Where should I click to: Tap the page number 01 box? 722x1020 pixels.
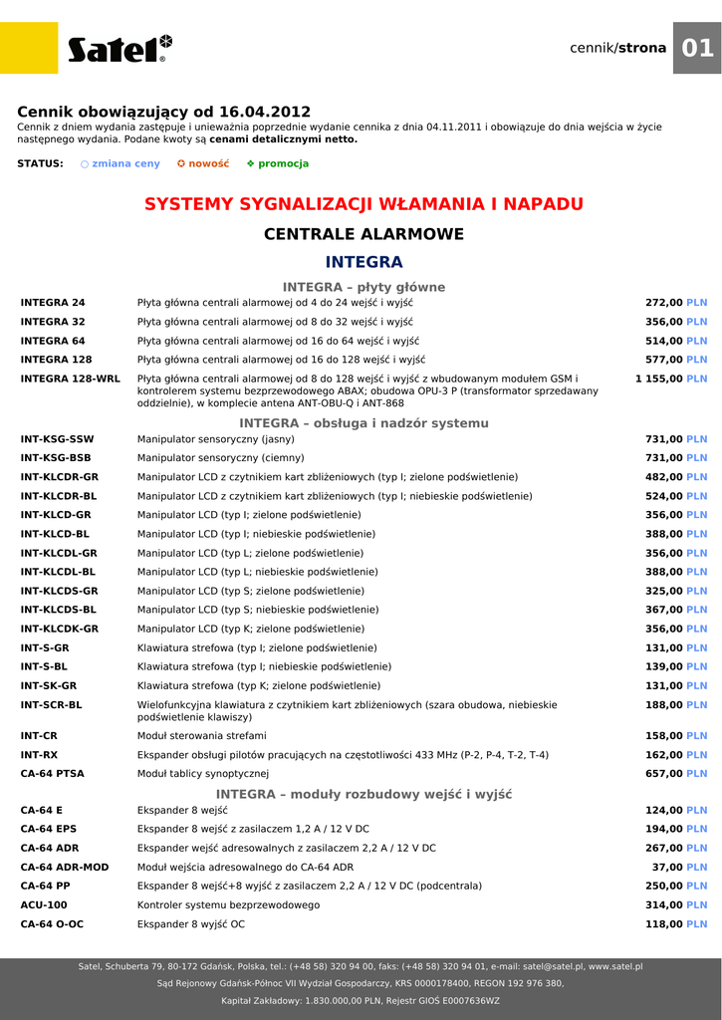click(x=697, y=48)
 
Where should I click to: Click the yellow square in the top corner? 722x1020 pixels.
click(x=29, y=48)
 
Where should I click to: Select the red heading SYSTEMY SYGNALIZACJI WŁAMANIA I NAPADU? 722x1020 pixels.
click(x=363, y=204)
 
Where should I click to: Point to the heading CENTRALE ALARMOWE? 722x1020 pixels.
click(x=363, y=234)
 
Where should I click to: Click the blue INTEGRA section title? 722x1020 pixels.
click(x=363, y=262)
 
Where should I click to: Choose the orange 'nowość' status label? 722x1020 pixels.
click(x=202, y=163)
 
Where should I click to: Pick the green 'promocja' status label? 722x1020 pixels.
click(x=277, y=163)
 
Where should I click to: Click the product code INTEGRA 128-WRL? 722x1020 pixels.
click(x=70, y=379)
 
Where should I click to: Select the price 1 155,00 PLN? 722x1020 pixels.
click(x=670, y=379)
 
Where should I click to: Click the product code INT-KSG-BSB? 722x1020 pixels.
click(x=56, y=458)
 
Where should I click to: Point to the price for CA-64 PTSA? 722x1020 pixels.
click(x=676, y=773)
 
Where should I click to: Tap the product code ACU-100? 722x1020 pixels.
click(x=44, y=905)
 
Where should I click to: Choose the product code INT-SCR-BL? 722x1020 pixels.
click(x=52, y=705)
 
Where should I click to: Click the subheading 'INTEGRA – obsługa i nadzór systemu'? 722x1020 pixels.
click(x=363, y=423)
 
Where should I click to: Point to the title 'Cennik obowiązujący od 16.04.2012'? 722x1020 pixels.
click(x=164, y=112)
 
